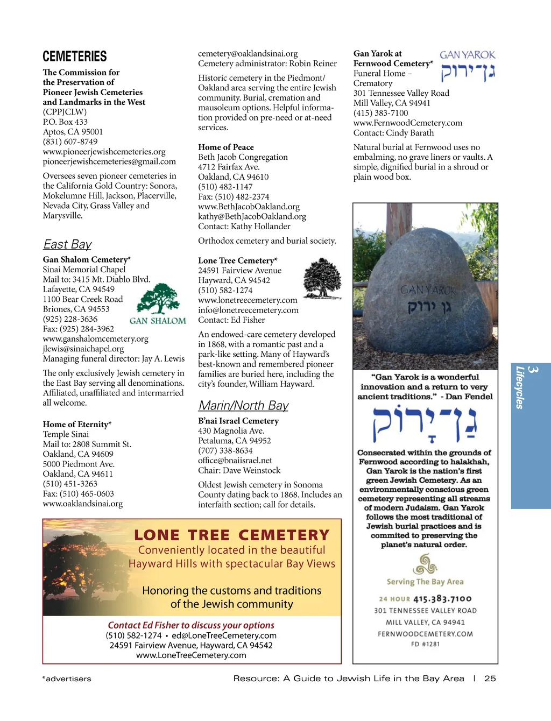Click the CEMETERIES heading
click(x=75, y=56)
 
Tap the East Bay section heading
click(x=67, y=244)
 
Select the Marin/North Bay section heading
click(x=243, y=405)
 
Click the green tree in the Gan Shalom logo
click(x=158, y=299)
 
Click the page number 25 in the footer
click(x=490, y=678)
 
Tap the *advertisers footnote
click(x=67, y=679)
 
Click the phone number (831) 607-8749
click(x=70, y=142)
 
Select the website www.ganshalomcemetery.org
click(x=96, y=338)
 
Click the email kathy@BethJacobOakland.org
click(x=252, y=216)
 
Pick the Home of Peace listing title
click(x=226, y=147)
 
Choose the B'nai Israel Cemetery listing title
click(x=238, y=421)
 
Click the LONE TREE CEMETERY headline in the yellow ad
click(x=231, y=535)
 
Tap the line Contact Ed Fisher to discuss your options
click(x=191, y=625)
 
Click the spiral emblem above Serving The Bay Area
click(x=425, y=564)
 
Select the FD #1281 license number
click(x=425, y=644)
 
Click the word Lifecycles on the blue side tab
click(x=520, y=387)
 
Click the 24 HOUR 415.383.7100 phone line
click(x=425, y=599)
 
